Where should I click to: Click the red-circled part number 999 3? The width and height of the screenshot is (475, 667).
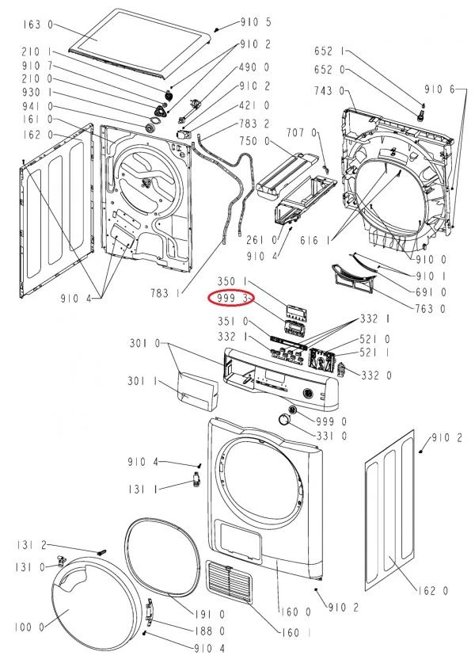232,299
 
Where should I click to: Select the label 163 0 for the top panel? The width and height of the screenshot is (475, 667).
38,25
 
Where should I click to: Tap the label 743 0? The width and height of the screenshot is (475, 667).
329,90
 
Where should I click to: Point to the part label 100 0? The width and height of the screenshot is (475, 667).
30,627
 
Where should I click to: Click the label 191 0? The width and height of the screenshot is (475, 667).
210,615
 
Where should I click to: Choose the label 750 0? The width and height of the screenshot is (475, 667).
255,141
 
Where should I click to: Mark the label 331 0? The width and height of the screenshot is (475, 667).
331,436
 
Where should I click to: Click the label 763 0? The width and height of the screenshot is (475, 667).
431,308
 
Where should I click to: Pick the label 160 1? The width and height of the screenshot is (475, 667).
296,633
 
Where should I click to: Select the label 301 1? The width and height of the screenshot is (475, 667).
142,381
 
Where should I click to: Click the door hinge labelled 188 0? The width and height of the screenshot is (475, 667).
148,611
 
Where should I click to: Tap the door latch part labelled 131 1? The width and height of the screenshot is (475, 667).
196,480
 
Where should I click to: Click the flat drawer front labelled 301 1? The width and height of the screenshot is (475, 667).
198,392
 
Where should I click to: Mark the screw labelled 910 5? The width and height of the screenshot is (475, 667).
216,30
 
